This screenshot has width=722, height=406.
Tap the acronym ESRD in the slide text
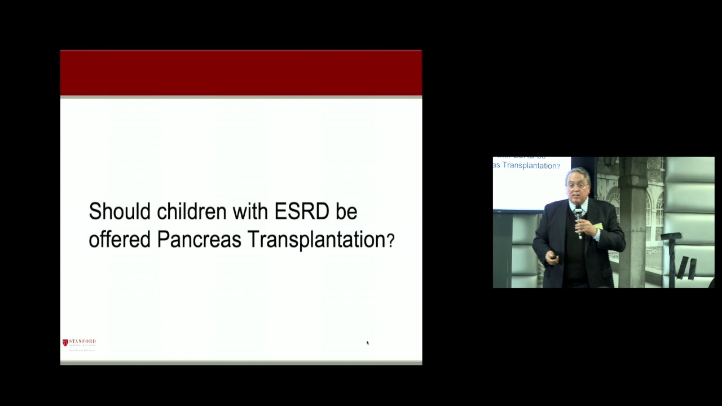tap(302, 212)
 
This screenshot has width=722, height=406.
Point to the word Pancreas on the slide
tap(200, 240)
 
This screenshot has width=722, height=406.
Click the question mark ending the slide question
tap(390, 241)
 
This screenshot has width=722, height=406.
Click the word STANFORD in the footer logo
tap(82, 342)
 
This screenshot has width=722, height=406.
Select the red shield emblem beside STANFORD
tap(65, 342)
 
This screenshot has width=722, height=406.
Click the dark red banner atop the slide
tap(241, 73)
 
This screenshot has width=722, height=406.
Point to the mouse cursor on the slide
tap(367, 343)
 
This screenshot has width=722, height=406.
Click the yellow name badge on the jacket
tap(598, 226)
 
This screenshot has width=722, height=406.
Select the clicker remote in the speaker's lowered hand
tap(553, 257)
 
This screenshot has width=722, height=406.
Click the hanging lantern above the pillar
tap(610, 162)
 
